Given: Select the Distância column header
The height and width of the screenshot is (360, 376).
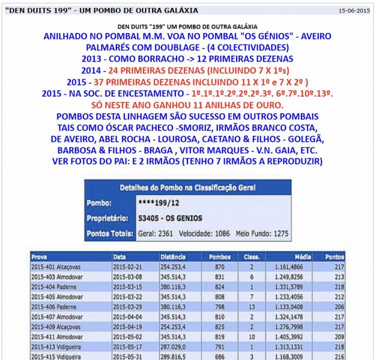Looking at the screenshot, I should pos(173,257).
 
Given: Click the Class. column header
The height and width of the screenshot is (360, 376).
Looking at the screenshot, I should pos(251,257).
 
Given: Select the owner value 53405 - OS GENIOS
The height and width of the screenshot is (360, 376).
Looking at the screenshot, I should pos(170,218).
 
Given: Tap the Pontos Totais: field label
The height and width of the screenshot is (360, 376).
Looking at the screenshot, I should pos(110,233).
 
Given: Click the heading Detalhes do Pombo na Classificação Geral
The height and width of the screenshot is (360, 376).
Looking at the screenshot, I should pos(187,188).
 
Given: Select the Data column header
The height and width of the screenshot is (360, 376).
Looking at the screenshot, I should pos(120,257).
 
